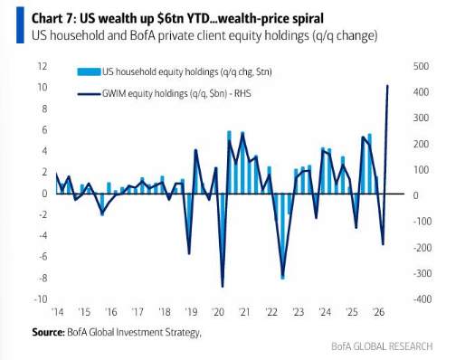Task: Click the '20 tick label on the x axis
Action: pos(218,312)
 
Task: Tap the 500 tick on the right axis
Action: pos(421,66)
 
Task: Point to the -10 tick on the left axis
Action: pos(41,299)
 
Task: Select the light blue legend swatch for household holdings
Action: pos(89,72)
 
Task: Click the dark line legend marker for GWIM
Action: pos(89,94)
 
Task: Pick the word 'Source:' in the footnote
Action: pos(48,332)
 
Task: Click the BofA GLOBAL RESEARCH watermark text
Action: pos(382,346)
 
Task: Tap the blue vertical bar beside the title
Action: pos(20,25)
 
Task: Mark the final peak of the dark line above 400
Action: pos(387,86)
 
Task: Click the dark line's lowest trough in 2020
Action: pos(223,287)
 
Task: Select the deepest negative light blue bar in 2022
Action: pos(282,236)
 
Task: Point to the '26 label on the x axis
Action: pos(378,312)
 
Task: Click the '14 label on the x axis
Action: pos(57,312)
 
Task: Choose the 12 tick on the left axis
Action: pos(43,66)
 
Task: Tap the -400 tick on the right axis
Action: pos(422,299)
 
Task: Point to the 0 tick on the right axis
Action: pos(416,195)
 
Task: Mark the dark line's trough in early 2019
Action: pos(189,253)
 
